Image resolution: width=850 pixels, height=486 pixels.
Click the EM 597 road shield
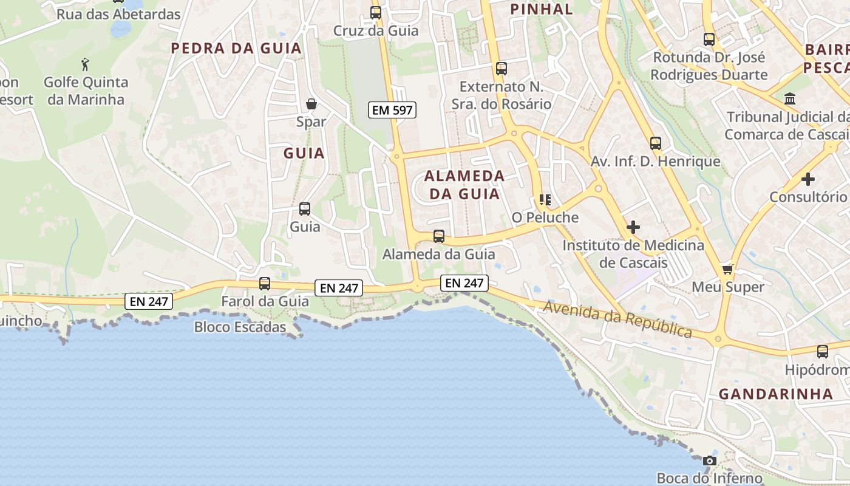tap(392, 110)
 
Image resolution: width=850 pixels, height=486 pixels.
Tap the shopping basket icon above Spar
tap(311, 104)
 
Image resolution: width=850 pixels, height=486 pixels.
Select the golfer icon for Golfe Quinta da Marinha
tap(85, 63)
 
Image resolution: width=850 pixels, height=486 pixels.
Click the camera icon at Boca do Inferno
tap(709, 461)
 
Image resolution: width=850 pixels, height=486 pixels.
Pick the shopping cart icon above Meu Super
tap(727, 269)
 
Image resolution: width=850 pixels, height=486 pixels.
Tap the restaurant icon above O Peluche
tap(545, 199)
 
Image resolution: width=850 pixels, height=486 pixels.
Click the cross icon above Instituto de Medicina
tap(633, 227)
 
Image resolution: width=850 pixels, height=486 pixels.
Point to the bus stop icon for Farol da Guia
tap(265, 283)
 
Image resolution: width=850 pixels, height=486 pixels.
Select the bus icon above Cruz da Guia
tap(376, 12)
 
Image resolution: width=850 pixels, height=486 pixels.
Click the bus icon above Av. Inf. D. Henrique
tap(656, 143)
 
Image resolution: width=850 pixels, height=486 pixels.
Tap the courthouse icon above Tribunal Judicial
tap(790, 98)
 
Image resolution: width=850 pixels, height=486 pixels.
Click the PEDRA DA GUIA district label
tap(236, 48)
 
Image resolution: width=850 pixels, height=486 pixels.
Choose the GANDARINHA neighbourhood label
tap(775, 394)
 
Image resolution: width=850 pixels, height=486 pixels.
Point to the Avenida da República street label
tap(617, 319)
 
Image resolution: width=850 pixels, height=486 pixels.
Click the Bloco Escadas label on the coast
tap(240, 327)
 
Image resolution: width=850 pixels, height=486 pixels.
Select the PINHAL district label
tap(542, 9)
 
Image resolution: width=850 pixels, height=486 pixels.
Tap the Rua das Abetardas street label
tap(118, 14)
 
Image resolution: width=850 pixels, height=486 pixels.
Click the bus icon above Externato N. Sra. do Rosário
tap(501, 69)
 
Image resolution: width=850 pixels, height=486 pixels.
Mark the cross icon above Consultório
tap(807, 179)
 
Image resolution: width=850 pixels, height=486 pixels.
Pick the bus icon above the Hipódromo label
tap(823, 351)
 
